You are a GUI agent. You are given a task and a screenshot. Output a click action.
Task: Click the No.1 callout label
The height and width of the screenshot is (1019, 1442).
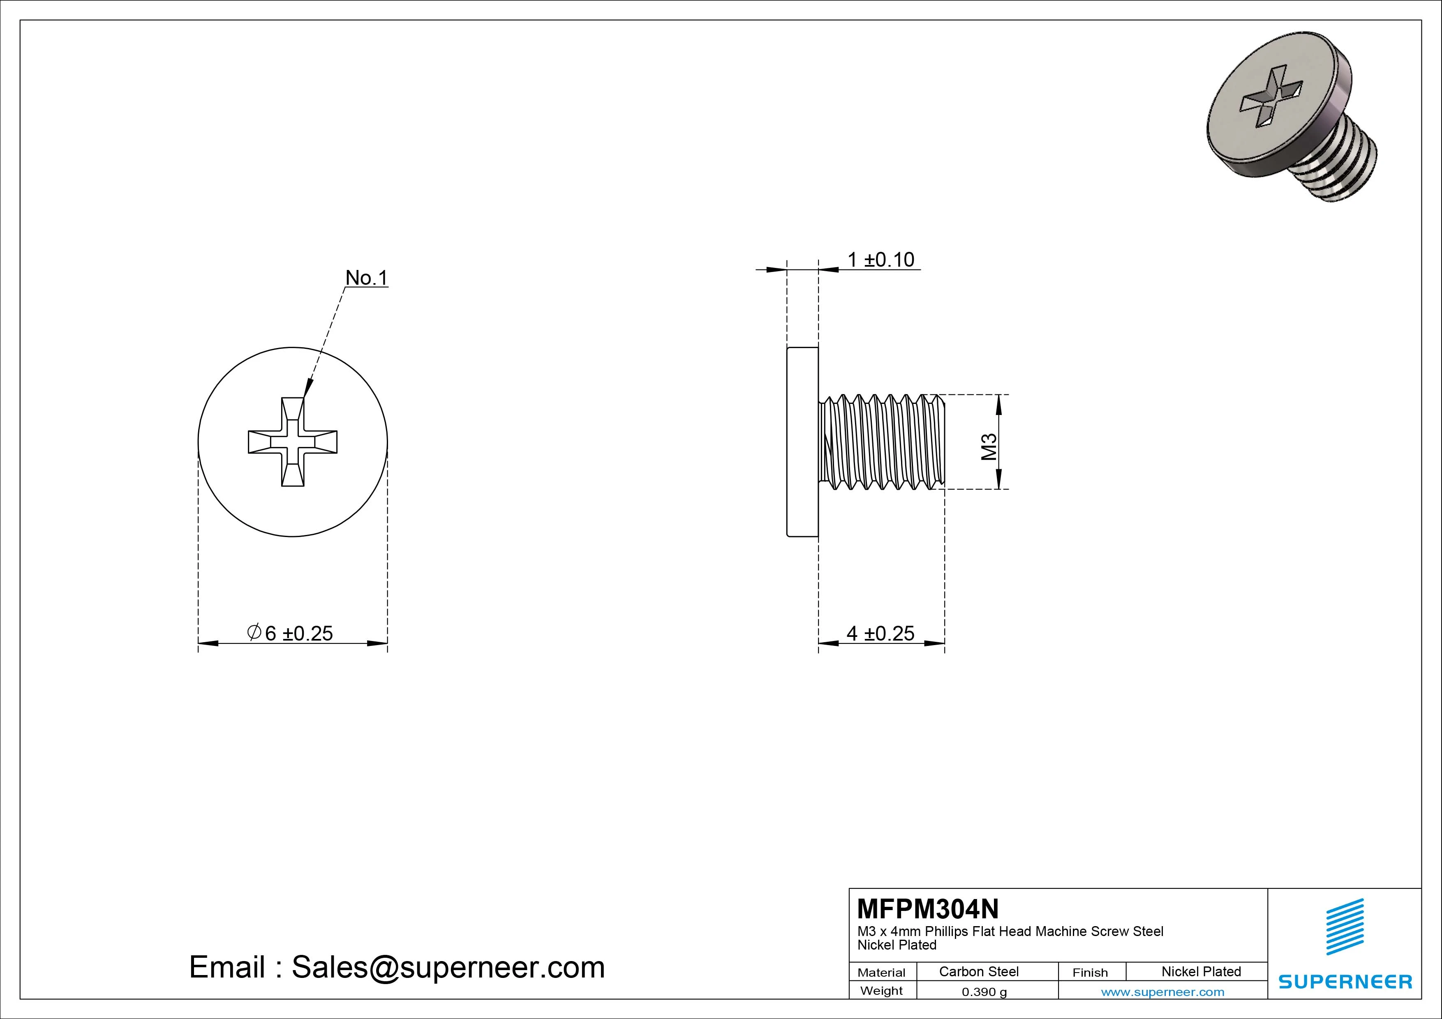click(367, 277)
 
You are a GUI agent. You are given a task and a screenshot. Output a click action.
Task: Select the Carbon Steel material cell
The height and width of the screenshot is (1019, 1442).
click(978, 971)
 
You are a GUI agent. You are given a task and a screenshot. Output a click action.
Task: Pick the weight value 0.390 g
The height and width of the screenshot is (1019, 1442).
click(984, 992)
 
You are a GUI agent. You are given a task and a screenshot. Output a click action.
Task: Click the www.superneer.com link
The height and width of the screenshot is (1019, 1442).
click(1162, 992)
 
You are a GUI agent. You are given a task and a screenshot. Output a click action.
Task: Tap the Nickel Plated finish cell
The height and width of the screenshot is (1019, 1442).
click(1201, 971)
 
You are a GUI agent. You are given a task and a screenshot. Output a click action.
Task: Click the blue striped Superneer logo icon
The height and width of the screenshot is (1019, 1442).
click(1345, 927)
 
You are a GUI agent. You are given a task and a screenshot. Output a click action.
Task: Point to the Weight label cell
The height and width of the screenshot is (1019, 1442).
click(881, 991)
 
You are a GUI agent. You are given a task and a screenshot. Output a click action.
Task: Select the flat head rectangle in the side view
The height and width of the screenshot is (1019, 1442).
click(803, 442)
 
